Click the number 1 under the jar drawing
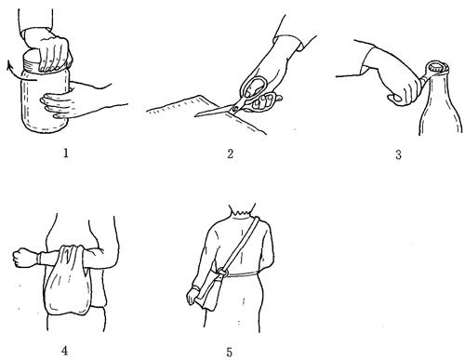(66, 153)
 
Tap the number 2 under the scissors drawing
(230, 153)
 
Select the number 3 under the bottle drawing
(399, 154)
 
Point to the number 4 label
(64, 351)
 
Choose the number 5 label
(229, 353)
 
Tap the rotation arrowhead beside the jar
(10, 64)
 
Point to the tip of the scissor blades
(195, 116)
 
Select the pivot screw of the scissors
(234, 108)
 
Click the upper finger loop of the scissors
(253, 87)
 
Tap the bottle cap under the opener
(437, 68)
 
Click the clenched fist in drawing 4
(22, 258)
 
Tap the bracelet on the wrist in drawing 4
(38, 259)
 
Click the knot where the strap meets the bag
(222, 272)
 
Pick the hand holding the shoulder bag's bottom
(193, 295)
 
